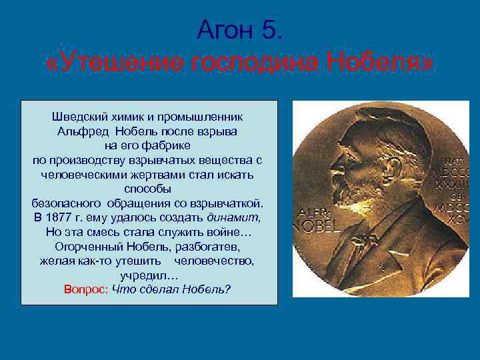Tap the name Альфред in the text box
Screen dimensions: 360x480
(82, 131)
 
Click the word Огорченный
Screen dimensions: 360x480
(91, 247)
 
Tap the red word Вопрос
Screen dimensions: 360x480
(86, 290)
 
